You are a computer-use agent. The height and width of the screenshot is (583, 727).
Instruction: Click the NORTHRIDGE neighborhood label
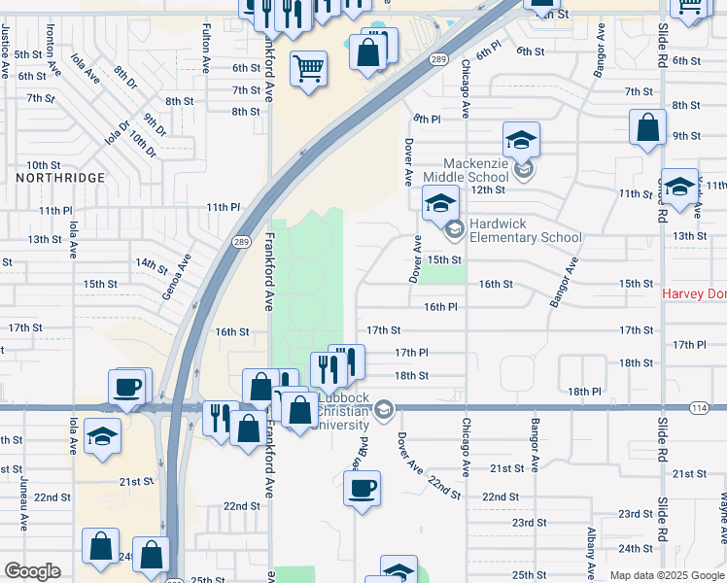[x=60, y=178]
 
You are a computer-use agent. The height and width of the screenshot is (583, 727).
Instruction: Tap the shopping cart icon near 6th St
[x=309, y=68]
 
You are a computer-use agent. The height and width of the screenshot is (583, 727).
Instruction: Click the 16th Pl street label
[x=440, y=307]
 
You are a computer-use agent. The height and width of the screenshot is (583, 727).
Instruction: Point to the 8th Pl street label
[x=427, y=119]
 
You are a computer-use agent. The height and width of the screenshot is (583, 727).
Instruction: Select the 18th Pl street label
[x=585, y=391]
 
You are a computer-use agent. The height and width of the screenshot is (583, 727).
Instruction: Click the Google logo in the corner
[x=32, y=571]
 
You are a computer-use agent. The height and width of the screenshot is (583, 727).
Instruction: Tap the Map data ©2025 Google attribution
[x=667, y=575]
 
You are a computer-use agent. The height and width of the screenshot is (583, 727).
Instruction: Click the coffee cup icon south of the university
[x=363, y=488]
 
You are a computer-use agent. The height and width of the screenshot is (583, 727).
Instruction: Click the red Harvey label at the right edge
[x=694, y=293]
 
